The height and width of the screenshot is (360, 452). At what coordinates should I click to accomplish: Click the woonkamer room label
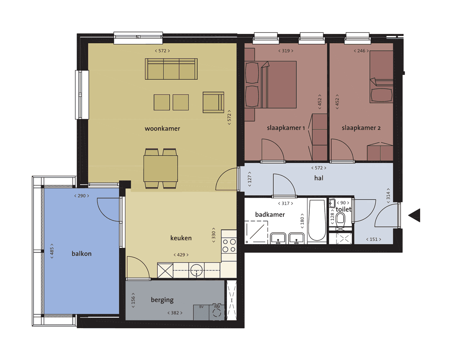click(162, 129)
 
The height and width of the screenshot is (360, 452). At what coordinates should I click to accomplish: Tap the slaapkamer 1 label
click(286, 128)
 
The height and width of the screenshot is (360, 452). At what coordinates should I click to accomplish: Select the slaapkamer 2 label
click(361, 128)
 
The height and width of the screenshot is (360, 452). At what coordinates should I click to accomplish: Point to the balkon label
click(82, 254)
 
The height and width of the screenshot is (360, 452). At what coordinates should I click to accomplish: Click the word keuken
click(181, 238)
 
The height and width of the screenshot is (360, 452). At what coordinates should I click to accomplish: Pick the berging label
click(162, 300)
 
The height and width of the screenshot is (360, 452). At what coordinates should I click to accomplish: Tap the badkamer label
click(270, 214)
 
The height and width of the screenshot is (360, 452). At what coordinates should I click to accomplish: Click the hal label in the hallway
click(319, 178)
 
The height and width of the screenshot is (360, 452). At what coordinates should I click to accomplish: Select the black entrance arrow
click(414, 215)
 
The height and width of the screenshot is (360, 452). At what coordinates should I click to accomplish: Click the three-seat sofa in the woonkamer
click(171, 69)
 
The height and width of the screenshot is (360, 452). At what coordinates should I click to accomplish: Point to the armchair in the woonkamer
click(213, 102)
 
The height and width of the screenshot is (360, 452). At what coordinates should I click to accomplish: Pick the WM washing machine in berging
click(217, 312)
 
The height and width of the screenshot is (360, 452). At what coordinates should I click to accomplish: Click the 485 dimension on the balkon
click(52, 251)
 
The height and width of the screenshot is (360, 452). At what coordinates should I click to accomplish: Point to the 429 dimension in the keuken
click(181, 255)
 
